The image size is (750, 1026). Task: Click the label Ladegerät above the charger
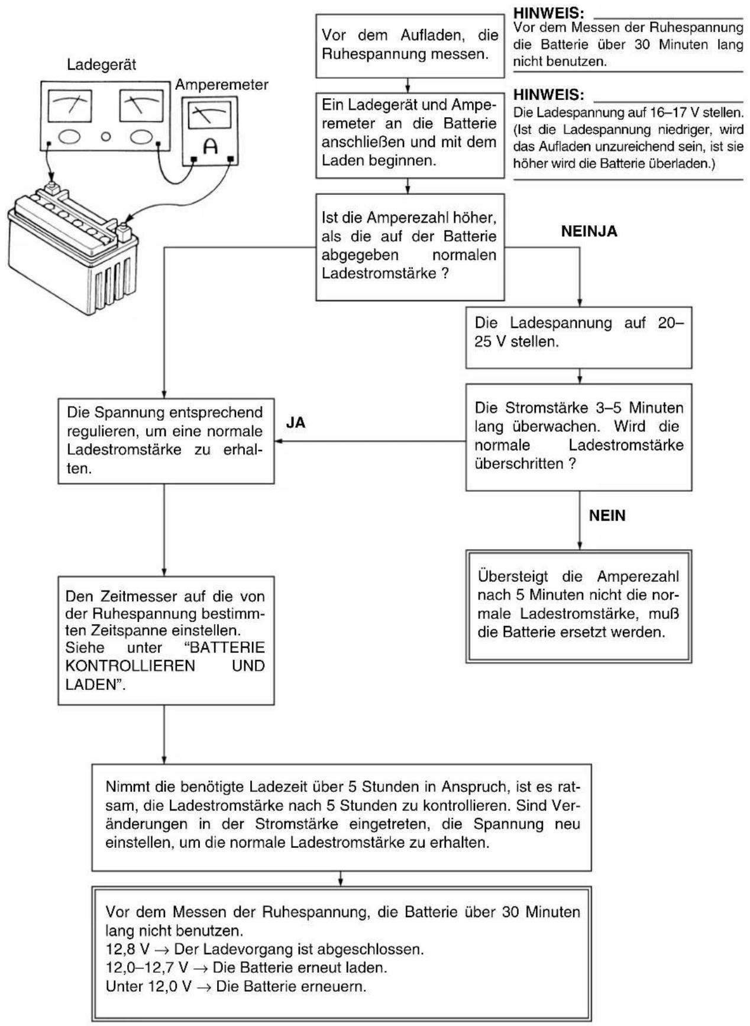[x=101, y=64]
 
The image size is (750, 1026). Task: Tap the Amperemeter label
[x=222, y=85]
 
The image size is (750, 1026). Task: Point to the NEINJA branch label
[x=589, y=231]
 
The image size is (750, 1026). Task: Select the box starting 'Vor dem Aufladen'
[x=410, y=46]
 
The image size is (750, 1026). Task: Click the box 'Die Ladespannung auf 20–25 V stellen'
[x=578, y=337]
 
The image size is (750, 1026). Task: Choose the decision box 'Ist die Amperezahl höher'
[x=410, y=247]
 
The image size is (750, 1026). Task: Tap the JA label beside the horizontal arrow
[x=296, y=424]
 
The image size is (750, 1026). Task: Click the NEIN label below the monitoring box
[x=607, y=516]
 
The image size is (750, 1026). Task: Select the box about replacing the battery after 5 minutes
[x=578, y=606]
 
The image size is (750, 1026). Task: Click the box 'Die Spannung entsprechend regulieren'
[x=166, y=441]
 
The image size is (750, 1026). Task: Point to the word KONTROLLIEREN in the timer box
[x=130, y=666]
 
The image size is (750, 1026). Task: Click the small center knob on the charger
[x=106, y=137]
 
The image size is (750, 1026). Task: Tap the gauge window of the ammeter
[x=209, y=114]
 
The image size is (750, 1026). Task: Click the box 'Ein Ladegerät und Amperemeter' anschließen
[x=410, y=135]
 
